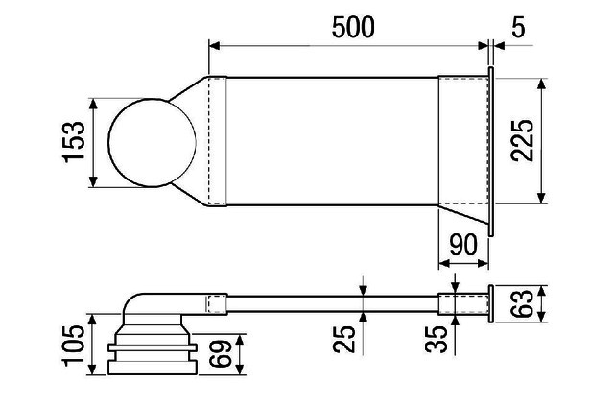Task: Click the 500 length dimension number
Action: [353, 27]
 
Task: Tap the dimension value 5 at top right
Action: [518, 27]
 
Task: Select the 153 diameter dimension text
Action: [74, 142]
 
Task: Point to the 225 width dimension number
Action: [522, 140]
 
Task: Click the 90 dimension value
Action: [463, 245]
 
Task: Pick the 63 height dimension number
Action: [522, 303]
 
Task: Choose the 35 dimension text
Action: [437, 340]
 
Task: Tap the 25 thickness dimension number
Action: [344, 340]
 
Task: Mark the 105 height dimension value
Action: [74, 346]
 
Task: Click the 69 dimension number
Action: [220, 353]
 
